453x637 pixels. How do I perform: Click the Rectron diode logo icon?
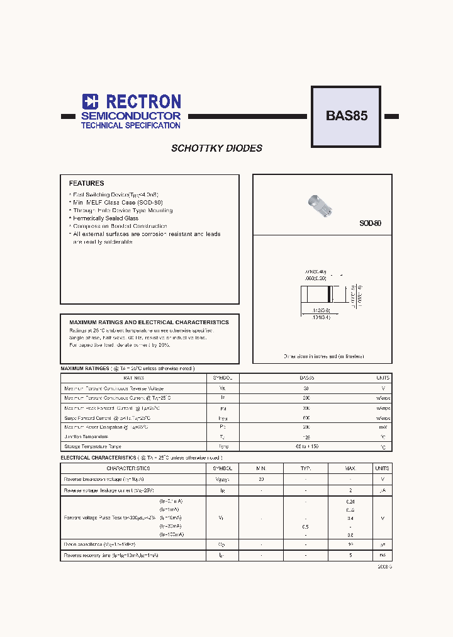(x=91, y=102)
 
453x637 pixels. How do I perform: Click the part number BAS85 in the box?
(x=346, y=116)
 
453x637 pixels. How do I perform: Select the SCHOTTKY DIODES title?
(x=217, y=149)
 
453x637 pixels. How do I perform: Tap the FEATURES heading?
(x=86, y=183)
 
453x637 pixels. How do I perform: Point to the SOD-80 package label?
(x=370, y=223)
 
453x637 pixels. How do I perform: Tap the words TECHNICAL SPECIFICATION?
(x=130, y=126)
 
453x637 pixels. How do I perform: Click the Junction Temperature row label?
(x=86, y=436)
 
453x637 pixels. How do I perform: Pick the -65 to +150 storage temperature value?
(x=306, y=446)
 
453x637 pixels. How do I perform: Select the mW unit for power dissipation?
(x=383, y=427)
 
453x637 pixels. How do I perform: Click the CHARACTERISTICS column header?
(x=128, y=468)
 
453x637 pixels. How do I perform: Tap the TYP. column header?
(x=306, y=468)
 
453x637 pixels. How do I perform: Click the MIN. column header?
(x=261, y=468)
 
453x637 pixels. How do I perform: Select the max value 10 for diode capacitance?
(x=350, y=544)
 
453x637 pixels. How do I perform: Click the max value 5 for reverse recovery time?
(x=350, y=555)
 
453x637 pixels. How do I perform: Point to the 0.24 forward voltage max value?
(x=350, y=502)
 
